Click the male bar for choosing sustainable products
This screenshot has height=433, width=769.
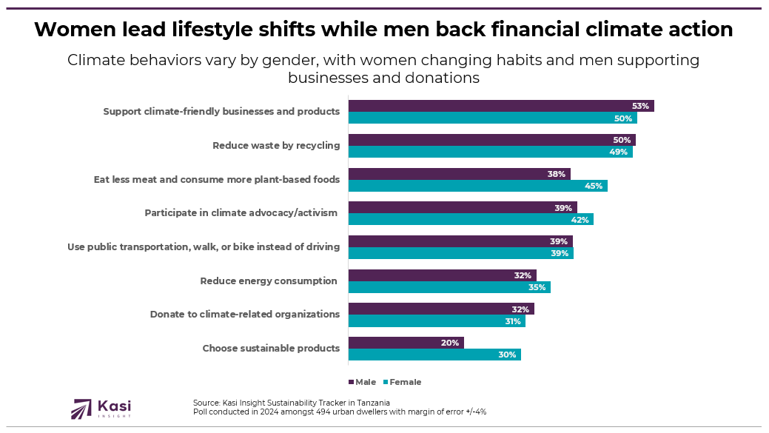click(406, 343)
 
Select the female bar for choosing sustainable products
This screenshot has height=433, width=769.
click(434, 355)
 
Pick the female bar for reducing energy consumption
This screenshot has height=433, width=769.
click(449, 287)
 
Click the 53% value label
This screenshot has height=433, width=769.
click(641, 106)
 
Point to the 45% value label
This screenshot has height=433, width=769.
click(594, 186)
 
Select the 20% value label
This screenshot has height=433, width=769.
click(450, 343)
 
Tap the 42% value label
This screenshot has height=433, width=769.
click(580, 220)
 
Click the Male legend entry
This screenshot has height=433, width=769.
click(362, 382)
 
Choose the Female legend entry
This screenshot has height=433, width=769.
click(402, 382)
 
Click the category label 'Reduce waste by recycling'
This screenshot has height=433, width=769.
click(276, 146)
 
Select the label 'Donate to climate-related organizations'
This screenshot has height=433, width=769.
click(245, 315)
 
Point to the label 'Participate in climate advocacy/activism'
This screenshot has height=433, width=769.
click(241, 213)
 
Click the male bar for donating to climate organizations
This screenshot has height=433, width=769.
click(441, 309)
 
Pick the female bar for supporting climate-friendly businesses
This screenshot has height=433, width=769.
click(492, 118)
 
